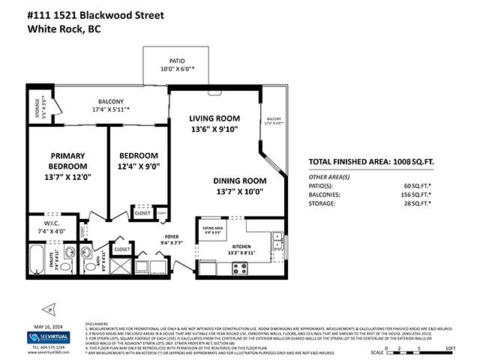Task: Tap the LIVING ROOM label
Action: (214, 118)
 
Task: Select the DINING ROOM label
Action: (239, 180)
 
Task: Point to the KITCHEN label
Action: (241, 245)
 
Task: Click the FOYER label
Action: (172, 236)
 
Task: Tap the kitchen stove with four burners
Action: (240, 266)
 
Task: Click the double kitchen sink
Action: (277, 241)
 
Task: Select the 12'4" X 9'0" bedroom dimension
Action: (139, 167)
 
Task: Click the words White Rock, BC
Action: (63, 30)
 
